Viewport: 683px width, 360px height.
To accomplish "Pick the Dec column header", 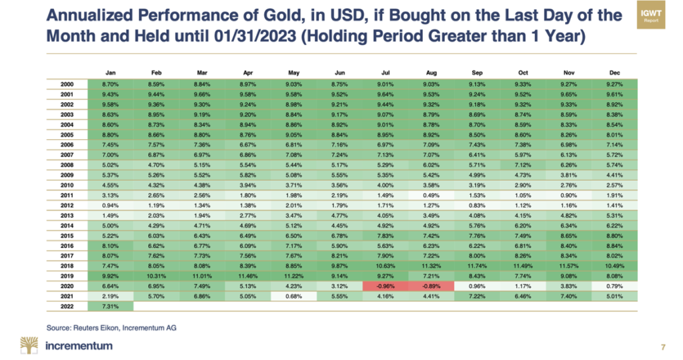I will pyautogui.click(x=614, y=73).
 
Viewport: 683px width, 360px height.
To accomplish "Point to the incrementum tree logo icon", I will pyautogui.click(x=29, y=345).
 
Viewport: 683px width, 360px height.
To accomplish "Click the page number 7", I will pyautogui.click(x=662, y=347).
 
